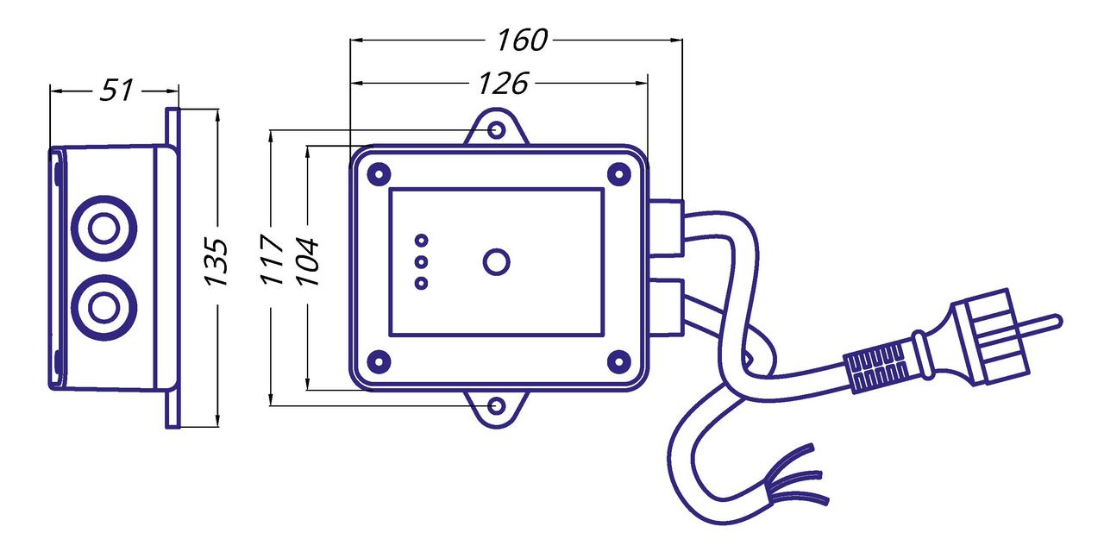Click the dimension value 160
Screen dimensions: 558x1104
point(523,40)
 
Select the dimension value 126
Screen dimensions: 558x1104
point(502,83)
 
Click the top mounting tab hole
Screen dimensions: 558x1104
point(496,130)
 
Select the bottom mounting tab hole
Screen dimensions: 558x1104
point(496,404)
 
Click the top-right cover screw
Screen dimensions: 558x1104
point(618,173)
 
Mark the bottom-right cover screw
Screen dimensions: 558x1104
point(618,361)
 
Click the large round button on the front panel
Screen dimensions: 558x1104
point(496,262)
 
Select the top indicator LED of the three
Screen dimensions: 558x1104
point(422,241)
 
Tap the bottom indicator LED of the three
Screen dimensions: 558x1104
point(422,283)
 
